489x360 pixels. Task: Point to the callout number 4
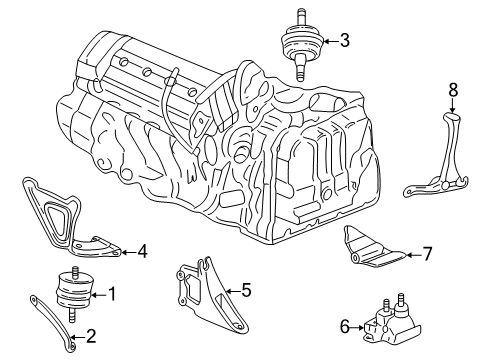(142, 251)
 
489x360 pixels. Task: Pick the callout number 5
(245, 291)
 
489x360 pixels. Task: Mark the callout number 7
(426, 253)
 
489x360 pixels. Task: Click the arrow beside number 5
(228, 291)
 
